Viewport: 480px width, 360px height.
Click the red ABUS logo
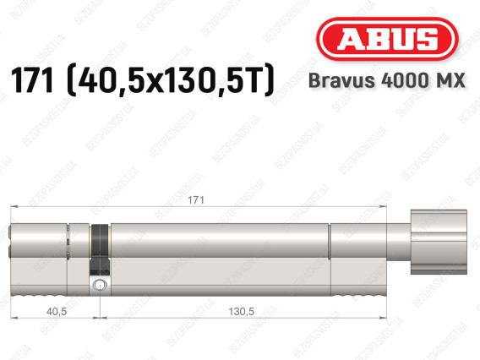[387, 39]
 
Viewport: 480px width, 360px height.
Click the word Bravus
[341, 80]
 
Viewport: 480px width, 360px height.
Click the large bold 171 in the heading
[32, 80]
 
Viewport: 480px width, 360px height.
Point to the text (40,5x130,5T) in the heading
[170, 80]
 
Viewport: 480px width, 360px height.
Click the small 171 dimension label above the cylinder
[195, 200]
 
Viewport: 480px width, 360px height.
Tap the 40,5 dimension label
[57, 311]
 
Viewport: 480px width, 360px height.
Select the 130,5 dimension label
[241, 311]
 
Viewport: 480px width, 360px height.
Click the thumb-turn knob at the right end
[439, 242]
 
